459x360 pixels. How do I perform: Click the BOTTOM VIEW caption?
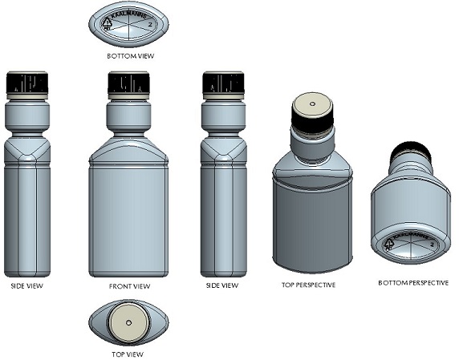[129, 57]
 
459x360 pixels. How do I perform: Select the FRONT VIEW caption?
[129, 285]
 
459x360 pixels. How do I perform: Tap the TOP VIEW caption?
[129, 354]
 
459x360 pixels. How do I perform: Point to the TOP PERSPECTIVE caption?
[309, 285]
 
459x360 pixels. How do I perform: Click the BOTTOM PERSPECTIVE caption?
[412, 283]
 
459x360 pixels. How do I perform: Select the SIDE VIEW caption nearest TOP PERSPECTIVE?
[221, 285]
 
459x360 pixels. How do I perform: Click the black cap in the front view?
[129, 83]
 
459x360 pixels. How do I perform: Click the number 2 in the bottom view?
[150, 25]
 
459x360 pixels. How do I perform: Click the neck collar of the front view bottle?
[129, 118]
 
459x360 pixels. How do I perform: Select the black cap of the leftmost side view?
[27, 83]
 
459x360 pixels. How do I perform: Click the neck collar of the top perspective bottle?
[311, 146]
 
